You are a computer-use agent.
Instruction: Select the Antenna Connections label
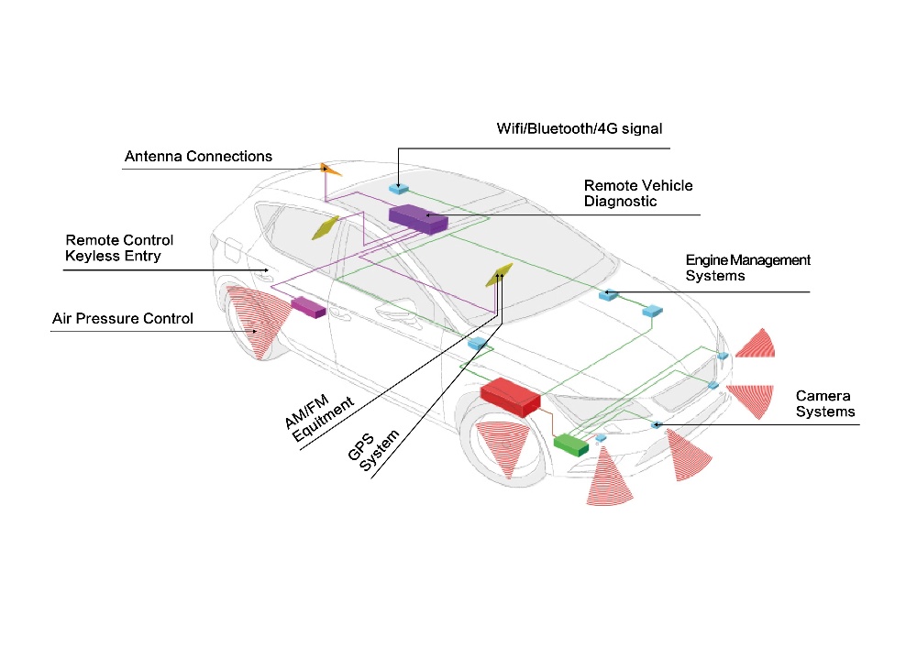click(198, 157)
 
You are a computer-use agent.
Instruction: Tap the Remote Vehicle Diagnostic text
click(638, 193)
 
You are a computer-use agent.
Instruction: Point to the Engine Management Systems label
click(748, 268)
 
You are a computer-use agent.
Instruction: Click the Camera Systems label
click(824, 404)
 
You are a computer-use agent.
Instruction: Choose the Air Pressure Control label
click(122, 319)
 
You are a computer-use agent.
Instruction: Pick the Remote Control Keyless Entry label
click(119, 248)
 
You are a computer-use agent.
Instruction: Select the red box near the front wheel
click(510, 396)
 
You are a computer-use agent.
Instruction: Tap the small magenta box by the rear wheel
click(308, 307)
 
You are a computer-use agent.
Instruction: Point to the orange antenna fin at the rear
click(331, 169)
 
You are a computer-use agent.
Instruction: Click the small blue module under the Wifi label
click(400, 188)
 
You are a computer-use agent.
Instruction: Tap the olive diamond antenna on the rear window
click(326, 226)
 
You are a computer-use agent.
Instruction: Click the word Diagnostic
click(621, 202)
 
